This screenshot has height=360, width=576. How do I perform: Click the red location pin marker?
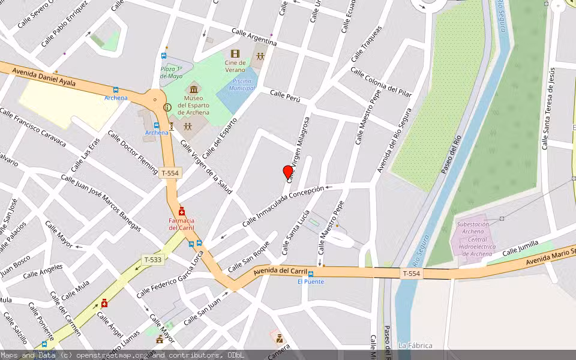coord(288,172)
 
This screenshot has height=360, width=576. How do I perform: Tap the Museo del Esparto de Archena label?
coord(193,105)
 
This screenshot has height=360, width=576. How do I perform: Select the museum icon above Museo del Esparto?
coord(193,89)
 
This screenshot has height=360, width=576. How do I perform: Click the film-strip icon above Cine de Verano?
coord(235,54)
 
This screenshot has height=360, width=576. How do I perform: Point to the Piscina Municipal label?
coord(242,84)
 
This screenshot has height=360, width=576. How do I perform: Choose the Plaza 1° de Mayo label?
coord(171,73)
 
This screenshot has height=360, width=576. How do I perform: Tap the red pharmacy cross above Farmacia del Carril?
coord(181,212)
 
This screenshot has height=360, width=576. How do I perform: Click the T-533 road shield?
coord(153,260)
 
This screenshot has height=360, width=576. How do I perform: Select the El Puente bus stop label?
coord(310,281)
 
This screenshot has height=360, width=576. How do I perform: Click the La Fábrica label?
coord(415,346)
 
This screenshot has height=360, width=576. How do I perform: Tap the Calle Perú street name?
coord(284,96)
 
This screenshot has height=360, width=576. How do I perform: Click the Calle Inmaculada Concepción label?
coord(283,206)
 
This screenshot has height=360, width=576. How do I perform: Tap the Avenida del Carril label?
coord(275,271)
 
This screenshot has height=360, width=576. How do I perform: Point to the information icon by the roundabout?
coord(167,107)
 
